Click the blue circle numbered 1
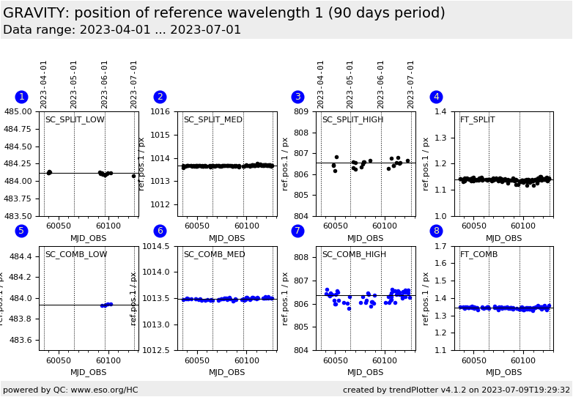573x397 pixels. point(21,97)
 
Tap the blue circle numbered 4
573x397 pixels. point(436,97)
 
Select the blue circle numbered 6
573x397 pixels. point(160,231)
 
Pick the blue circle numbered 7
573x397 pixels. point(297,231)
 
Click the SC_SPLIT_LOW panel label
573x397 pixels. point(75,120)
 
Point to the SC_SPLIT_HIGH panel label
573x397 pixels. point(352,120)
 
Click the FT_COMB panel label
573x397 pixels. point(478,255)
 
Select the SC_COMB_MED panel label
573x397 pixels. point(213,255)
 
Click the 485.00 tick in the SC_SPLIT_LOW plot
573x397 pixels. point(21,112)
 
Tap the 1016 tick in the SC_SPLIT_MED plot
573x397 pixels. point(163,112)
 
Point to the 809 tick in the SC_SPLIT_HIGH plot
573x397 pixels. point(305,112)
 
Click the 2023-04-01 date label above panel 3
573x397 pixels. point(322,84)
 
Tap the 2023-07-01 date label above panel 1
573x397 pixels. point(134,84)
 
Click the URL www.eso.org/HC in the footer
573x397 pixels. point(105,390)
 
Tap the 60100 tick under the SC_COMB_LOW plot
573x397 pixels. point(108,361)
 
